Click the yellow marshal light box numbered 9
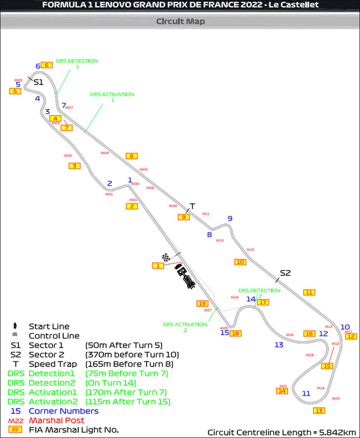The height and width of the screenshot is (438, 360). (183, 217)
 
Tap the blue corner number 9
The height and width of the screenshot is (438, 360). (229, 219)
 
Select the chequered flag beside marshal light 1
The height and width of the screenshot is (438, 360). (166, 257)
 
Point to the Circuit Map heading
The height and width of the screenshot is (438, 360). (180, 22)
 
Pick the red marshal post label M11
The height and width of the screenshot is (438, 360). (206, 214)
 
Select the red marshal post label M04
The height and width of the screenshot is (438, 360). (105, 153)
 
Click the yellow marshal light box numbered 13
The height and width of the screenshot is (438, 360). (319, 411)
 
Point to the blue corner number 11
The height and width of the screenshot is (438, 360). (306, 393)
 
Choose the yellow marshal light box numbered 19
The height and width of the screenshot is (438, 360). (202, 303)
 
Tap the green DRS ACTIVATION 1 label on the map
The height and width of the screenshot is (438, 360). (112, 97)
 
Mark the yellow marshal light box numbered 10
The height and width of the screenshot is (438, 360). (240, 262)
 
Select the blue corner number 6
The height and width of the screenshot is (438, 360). (38, 66)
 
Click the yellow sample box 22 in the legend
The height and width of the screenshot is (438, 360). (15, 430)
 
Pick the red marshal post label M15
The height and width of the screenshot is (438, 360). (250, 249)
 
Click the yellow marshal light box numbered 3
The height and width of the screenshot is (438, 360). (74, 166)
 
